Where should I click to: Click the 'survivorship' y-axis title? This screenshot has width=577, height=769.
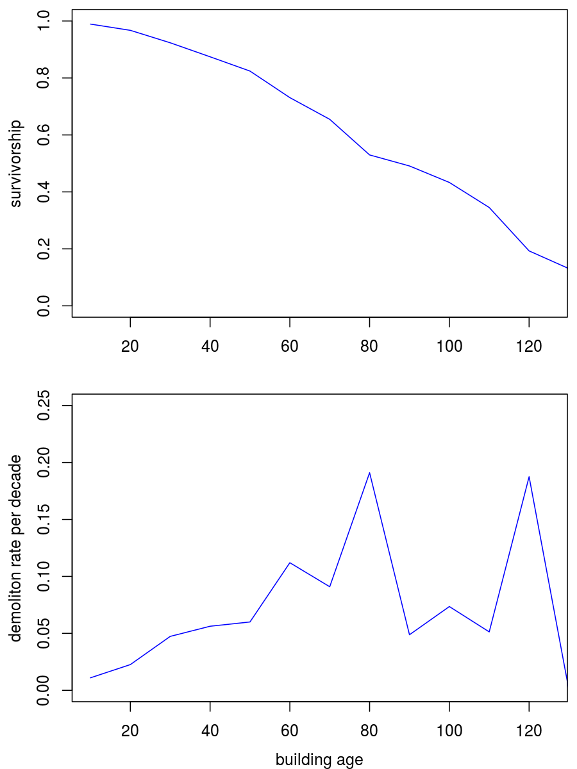click(16, 163)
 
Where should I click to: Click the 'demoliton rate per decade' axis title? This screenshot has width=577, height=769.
click(16, 548)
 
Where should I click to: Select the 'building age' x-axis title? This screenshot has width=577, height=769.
click(319, 760)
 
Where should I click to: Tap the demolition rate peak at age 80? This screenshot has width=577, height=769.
click(369, 473)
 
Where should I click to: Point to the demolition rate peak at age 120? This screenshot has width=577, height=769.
click(529, 477)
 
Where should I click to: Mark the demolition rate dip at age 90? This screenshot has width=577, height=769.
click(409, 634)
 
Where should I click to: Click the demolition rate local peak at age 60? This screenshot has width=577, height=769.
click(290, 563)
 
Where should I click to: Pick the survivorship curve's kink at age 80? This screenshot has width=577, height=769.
click(369, 155)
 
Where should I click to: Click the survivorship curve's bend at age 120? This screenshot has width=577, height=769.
click(529, 251)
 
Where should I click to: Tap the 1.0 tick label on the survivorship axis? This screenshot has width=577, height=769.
click(44, 21)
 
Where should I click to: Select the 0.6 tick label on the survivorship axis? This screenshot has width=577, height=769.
click(44, 135)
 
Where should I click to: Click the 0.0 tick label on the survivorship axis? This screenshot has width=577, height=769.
click(44, 306)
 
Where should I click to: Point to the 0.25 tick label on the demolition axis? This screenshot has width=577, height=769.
click(44, 406)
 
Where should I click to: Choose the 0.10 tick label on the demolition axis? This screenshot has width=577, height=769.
click(44, 576)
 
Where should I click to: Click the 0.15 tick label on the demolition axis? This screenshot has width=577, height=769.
click(44, 519)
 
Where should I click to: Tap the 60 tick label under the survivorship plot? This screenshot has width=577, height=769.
click(290, 347)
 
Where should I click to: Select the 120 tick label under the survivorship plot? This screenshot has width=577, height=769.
click(529, 347)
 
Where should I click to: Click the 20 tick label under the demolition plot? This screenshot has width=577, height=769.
click(130, 731)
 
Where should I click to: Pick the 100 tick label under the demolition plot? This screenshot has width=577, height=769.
click(449, 731)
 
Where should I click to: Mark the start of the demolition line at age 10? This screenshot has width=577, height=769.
click(91, 677)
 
